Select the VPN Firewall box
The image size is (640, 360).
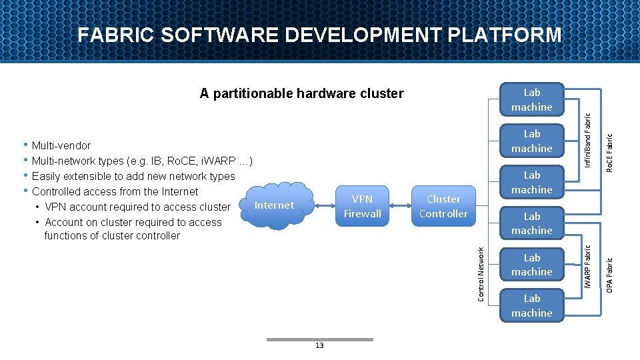click(x=362, y=207)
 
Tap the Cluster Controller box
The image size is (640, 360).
click(x=443, y=207)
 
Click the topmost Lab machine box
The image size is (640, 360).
click(x=531, y=100)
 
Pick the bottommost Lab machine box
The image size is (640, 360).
click(x=531, y=306)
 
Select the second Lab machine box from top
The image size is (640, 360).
click(x=531, y=141)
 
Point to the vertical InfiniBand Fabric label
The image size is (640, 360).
click(x=587, y=139)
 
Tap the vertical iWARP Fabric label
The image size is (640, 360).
click(x=587, y=266)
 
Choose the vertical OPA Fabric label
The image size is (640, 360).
click(x=609, y=268)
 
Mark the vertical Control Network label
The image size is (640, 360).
click(x=481, y=273)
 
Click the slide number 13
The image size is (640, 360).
click(x=319, y=346)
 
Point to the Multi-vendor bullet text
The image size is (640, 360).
click(x=61, y=145)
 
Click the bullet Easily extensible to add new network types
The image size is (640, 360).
click(x=133, y=176)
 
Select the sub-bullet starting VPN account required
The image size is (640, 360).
click(x=137, y=207)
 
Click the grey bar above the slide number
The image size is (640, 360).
click(x=319, y=339)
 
